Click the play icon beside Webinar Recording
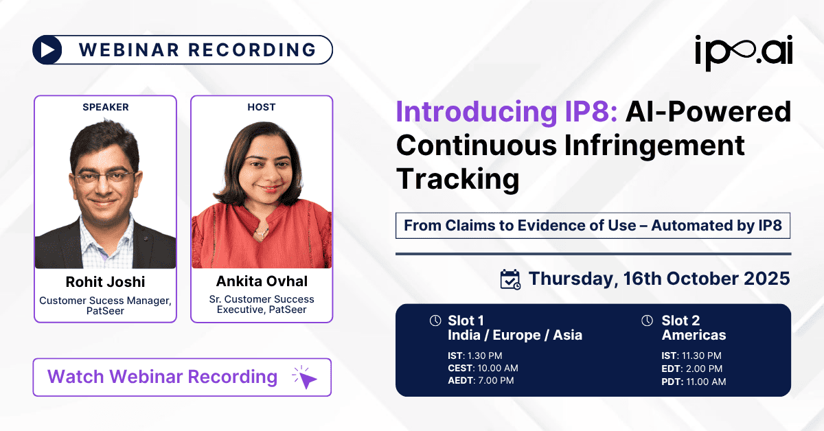47,50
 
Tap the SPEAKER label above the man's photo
105,107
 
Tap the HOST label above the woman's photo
261,107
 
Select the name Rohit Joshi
105,282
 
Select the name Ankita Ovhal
261,281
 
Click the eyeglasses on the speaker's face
104,177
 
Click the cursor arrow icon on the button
306,377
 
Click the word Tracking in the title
458,178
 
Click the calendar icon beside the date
510,279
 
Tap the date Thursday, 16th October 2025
659,279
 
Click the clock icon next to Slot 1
435,321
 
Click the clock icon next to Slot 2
647,321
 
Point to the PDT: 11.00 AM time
694,381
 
